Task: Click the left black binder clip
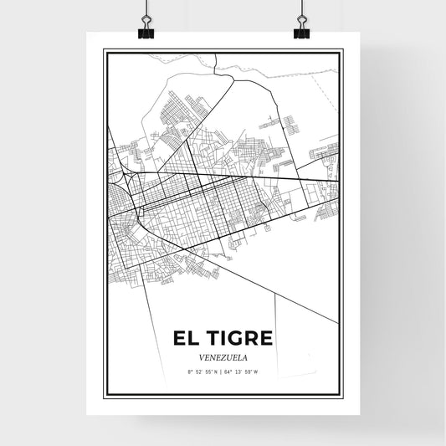pyautogui.click(x=147, y=27)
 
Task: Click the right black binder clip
pyautogui.click(x=300, y=27)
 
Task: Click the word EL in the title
pyautogui.click(x=185, y=338)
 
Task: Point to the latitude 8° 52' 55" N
pyautogui.click(x=202, y=372)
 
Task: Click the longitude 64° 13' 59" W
pyautogui.click(x=244, y=372)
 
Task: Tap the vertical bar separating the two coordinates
pyautogui.click(x=223, y=372)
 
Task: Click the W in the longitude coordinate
pyautogui.click(x=259, y=372)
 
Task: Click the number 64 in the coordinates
pyautogui.click(x=231, y=372)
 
